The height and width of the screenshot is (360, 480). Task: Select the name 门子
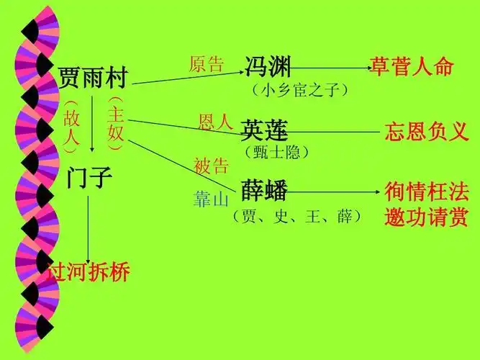coord(89,177)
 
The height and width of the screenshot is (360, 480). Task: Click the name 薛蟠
coord(264,191)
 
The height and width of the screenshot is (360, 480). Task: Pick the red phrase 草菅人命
coord(412,67)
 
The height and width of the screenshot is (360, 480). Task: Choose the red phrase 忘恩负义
coord(426,132)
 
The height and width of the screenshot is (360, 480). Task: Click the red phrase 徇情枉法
coord(426,192)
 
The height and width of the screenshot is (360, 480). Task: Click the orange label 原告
coord(207,65)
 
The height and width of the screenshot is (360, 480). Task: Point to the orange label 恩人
coord(216,121)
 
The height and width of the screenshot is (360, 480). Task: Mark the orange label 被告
coord(211,166)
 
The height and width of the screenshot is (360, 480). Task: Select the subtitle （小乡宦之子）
coord(300,91)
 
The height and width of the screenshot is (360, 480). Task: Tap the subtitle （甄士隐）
coord(277,152)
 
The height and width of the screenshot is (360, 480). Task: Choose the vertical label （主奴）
coord(116,122)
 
